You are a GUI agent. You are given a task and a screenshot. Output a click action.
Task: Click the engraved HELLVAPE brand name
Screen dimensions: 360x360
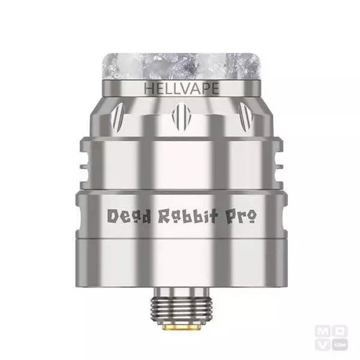(x=181, y=88)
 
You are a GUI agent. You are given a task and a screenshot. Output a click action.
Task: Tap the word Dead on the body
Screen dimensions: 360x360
(x=129, y=216)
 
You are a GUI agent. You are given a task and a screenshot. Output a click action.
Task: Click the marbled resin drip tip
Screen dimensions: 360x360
(x=181, y=66)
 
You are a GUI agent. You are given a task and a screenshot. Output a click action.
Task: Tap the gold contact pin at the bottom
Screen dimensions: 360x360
(x=181, y=326)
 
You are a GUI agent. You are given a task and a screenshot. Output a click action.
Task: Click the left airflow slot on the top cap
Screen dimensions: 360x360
(x=118, y=118)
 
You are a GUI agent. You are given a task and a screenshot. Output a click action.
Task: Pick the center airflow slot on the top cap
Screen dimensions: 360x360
(x=181, y=116)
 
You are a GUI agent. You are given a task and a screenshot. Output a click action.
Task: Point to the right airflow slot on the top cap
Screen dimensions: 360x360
(x=245, y=118)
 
